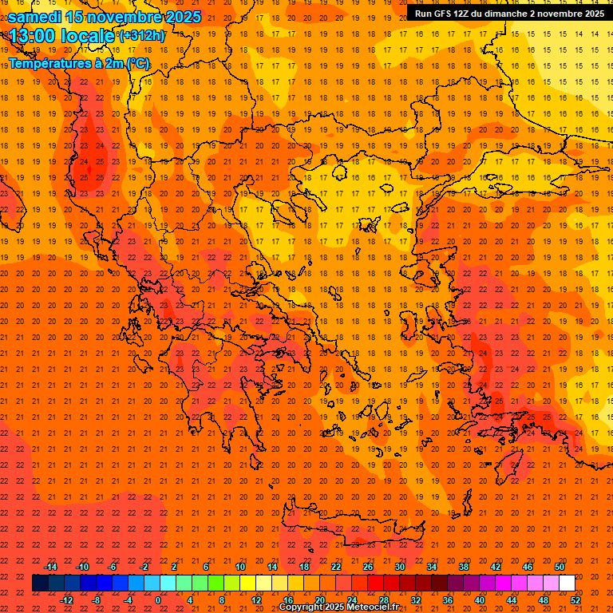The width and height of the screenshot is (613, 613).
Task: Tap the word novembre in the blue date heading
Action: pyautogui.click(x=126, y=16)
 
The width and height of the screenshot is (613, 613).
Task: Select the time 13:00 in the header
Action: pyautogui.click(x=35, y=35)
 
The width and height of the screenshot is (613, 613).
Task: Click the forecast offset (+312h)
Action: pyautogui.click(x=142, y=35)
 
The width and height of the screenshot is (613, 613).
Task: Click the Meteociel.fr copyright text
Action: pyautogui.click(x=350, y=607)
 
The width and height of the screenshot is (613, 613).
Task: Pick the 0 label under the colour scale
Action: pyautogui.click(x=158, y=600)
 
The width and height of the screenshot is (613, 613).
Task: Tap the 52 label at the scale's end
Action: pyautogui.click(x=575, y=600)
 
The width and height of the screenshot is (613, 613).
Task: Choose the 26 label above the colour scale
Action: pyautogui.click(x=368, y=567)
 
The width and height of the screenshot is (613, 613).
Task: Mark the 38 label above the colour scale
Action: pyautogui.click(x=464, y=567)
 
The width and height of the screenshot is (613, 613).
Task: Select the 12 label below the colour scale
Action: pyautogui.click(x=256, y=600)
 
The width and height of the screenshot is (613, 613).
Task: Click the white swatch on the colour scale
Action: pyautogui.click(x=567, y=583)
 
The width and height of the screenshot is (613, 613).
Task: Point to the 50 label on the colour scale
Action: pyautogui.click(x=560, y=567)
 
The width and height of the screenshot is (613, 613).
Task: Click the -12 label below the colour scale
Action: pyautogui.click(x=66, y=600)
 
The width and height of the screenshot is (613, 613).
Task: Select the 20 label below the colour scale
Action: pyautogui.click(x=320, y=600)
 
